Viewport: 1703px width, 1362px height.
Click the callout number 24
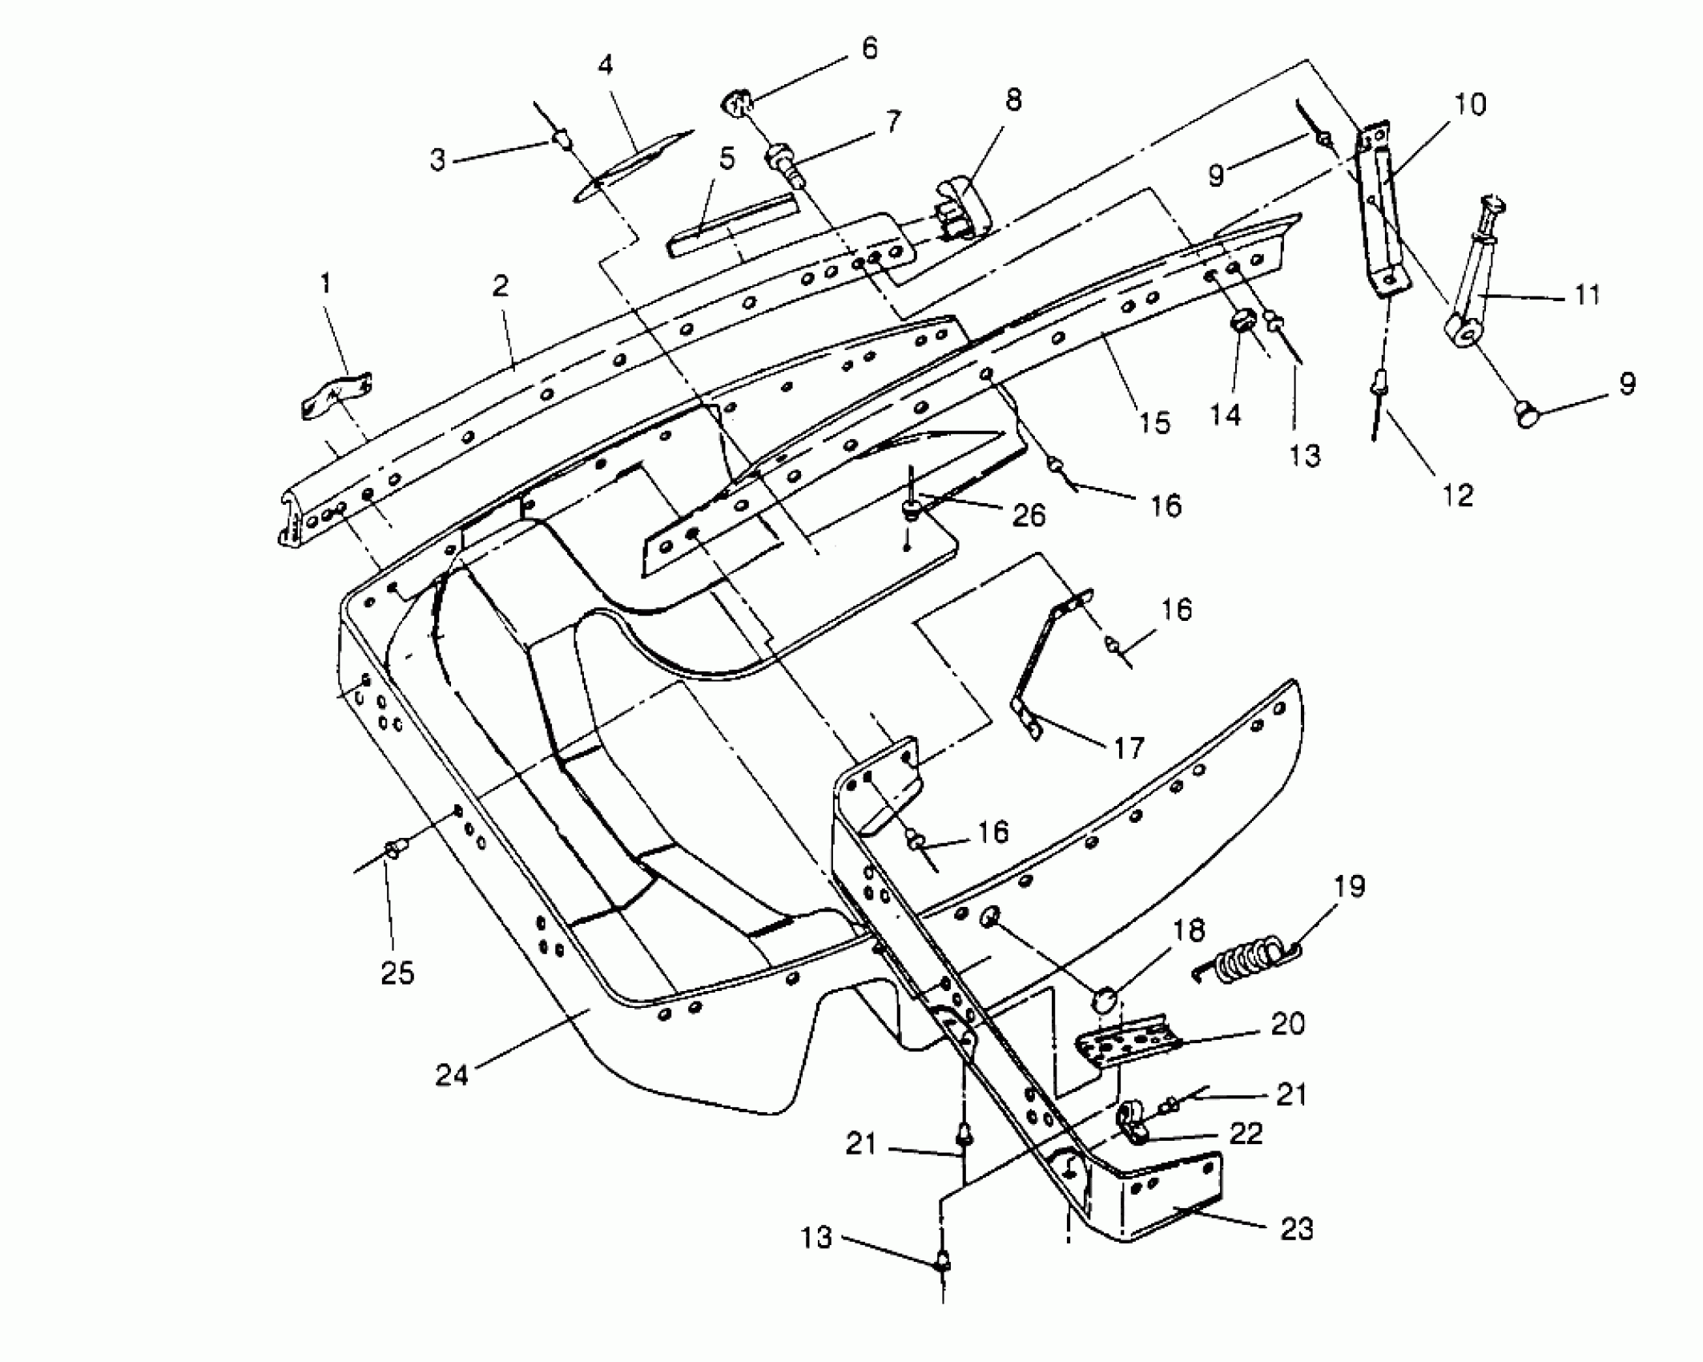pyautogui.click(x=452, y=1075)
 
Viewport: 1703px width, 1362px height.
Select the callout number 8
pyautogui.click(x=1013, y=100)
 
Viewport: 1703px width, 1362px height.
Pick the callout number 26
pyautogui.click(x=1029, y=516)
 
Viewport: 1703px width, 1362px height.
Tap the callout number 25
pyautogui.click(x=397, y=973)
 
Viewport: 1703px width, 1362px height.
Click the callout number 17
pyautogui.click(x=1129, y=748)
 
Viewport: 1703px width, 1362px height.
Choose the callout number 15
pyautogui.click(x=1155, y=422)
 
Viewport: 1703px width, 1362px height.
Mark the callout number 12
pyautogui.click(x=1457, y=496)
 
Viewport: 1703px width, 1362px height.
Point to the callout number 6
pyautogui.click(x=869, y=48)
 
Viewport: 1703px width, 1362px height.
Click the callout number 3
pyautogui.click(x=437, y=160)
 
